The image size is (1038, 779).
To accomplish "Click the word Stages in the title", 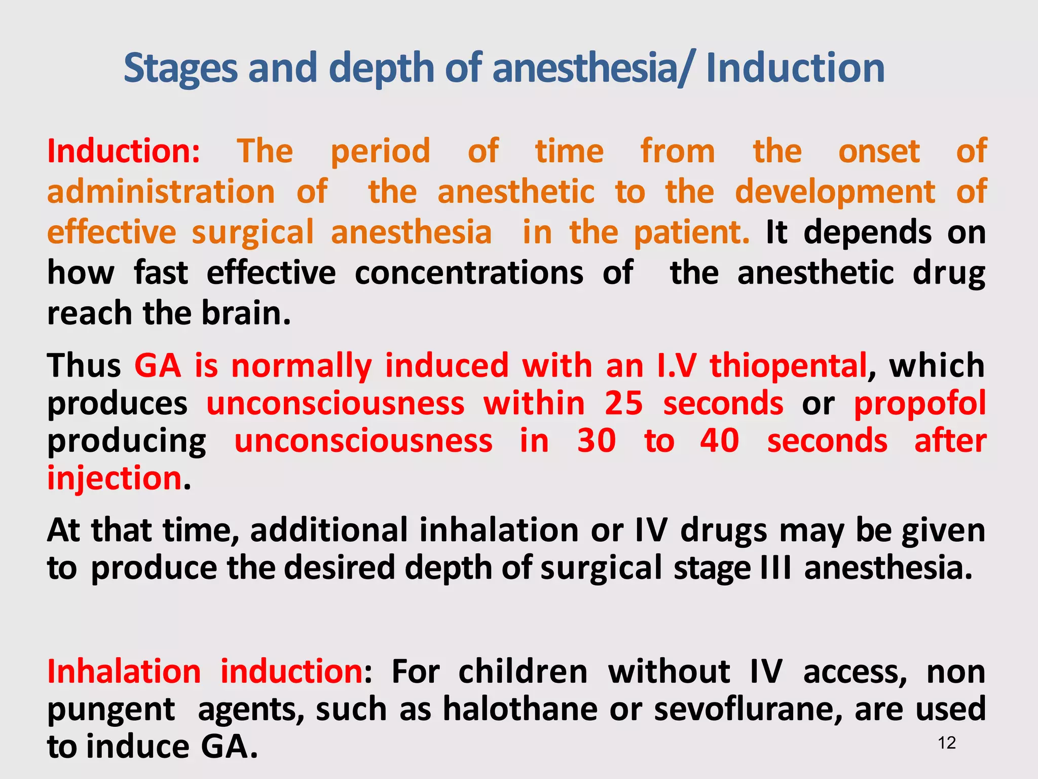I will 180,68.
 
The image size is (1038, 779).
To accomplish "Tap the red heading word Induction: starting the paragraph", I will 124,151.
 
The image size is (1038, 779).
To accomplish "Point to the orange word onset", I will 879,151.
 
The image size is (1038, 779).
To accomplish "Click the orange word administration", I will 161,192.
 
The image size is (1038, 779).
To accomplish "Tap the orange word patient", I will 691,232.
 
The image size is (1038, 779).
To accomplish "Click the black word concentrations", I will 469,273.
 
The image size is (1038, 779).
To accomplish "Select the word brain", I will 246,313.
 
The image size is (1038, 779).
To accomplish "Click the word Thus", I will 84,365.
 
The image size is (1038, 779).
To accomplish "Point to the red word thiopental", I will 788,365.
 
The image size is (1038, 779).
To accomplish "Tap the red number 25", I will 623,403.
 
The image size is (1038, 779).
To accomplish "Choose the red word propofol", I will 919,403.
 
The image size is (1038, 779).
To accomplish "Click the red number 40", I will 719,440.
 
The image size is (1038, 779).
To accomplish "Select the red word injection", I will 115,478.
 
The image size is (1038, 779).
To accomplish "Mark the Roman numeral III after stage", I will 775,568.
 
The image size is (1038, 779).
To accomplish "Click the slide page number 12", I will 946,743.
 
